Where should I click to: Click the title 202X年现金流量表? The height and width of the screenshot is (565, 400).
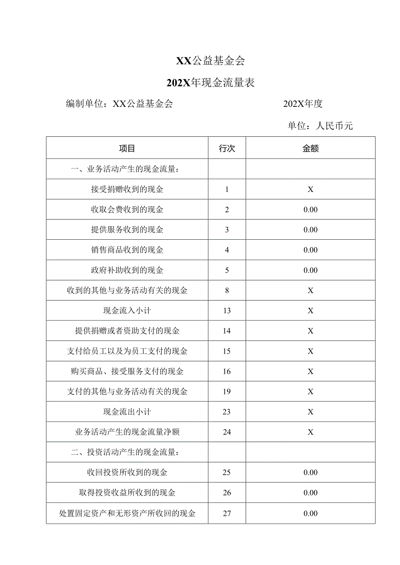click(211, 83)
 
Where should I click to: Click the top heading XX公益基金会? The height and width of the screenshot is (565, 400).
click(210, 61)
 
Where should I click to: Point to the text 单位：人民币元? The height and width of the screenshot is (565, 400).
click(320, 126)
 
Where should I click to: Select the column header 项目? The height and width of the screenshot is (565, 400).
click(127, 149)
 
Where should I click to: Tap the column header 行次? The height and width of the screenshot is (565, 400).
click(227, 149)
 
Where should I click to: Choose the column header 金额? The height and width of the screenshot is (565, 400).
click(310, 149)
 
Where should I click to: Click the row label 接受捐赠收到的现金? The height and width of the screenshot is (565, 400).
click(127, 189)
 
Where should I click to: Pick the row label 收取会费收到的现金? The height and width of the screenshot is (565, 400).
click(127, 210)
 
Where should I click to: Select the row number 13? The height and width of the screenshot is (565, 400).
click(227, 311)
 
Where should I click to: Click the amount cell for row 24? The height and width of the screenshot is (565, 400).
click(310, 432)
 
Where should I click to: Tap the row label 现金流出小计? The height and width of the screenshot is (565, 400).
click(127, 412)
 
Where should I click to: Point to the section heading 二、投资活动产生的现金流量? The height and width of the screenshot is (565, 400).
click(125, 452)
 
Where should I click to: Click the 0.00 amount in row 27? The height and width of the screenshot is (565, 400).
click(310, 513)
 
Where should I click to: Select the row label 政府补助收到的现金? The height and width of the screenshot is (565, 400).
click(127, 270)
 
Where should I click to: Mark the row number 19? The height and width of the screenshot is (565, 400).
click(227, 392)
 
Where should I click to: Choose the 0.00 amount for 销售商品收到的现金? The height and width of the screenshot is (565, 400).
click(310, 250)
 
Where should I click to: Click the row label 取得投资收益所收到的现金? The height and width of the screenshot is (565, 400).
click(127, 493)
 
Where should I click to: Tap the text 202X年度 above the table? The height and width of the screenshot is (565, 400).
click(303, 104)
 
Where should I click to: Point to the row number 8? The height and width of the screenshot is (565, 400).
click(227, 291)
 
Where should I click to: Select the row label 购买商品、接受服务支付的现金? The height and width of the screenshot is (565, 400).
click(127, 371)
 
